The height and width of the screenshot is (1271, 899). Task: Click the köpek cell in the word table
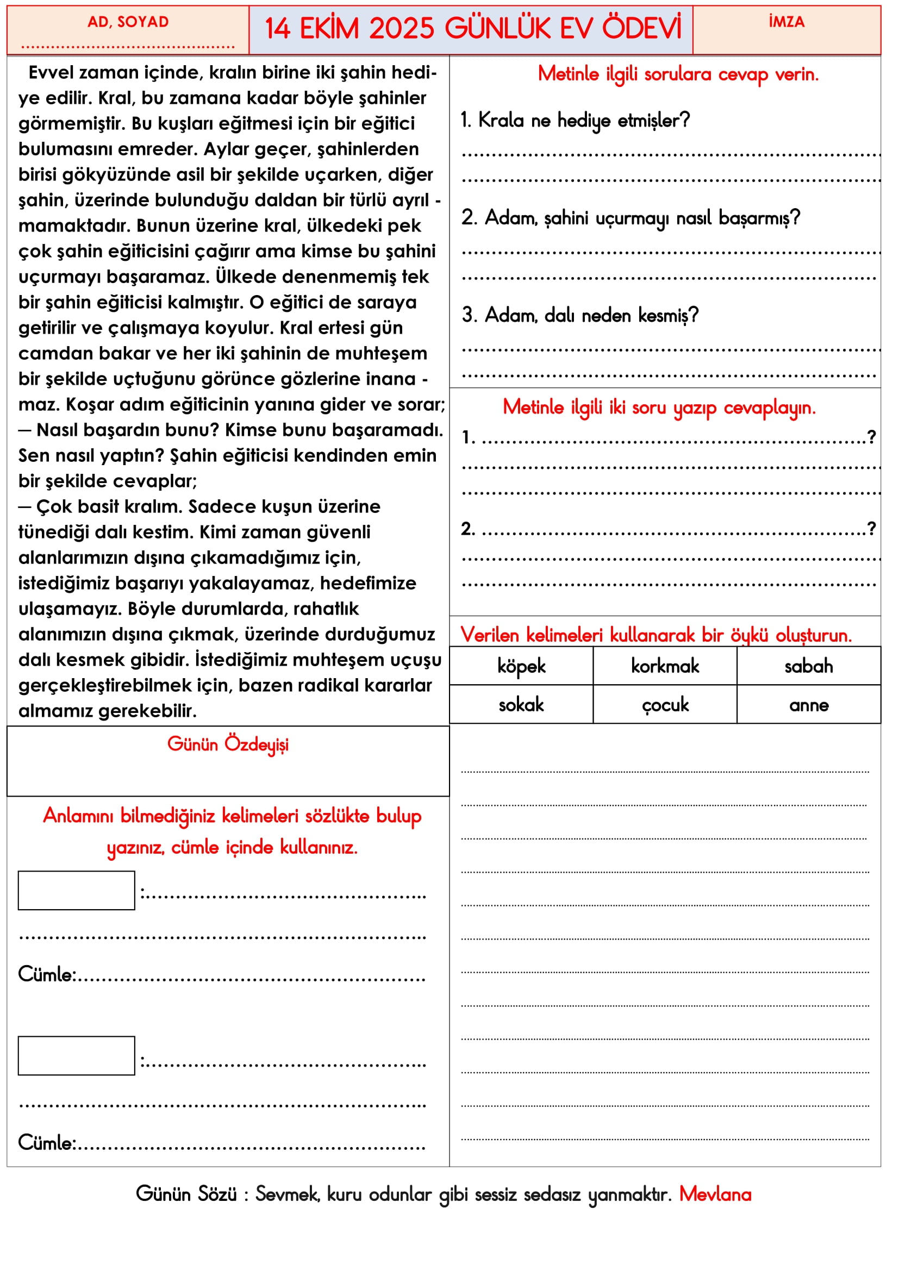pos(521,667)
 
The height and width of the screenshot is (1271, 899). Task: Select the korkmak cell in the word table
pos(665,667)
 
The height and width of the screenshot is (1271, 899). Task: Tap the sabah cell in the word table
pos(809,667)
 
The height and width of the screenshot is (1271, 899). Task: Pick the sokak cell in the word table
pos(521,705)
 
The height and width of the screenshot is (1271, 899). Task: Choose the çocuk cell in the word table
pos(665,705)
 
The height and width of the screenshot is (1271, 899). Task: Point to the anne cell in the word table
pos(809,705)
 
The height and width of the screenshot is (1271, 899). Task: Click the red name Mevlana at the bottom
pos(715,1194)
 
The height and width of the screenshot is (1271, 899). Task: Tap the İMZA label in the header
pos(786,22)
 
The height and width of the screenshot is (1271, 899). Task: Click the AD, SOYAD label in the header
pos(128,22)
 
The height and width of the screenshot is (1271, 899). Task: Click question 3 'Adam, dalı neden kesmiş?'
pos(580,316)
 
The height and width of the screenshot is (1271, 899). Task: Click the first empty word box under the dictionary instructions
pos(77,891)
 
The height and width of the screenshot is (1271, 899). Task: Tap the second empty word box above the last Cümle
pos(77,1056)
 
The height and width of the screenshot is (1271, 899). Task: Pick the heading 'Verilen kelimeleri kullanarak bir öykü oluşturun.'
pos(656,635)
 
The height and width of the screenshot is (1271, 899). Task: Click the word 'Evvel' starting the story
pos(51,72)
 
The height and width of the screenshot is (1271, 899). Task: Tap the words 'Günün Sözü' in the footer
pos(186,1194)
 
